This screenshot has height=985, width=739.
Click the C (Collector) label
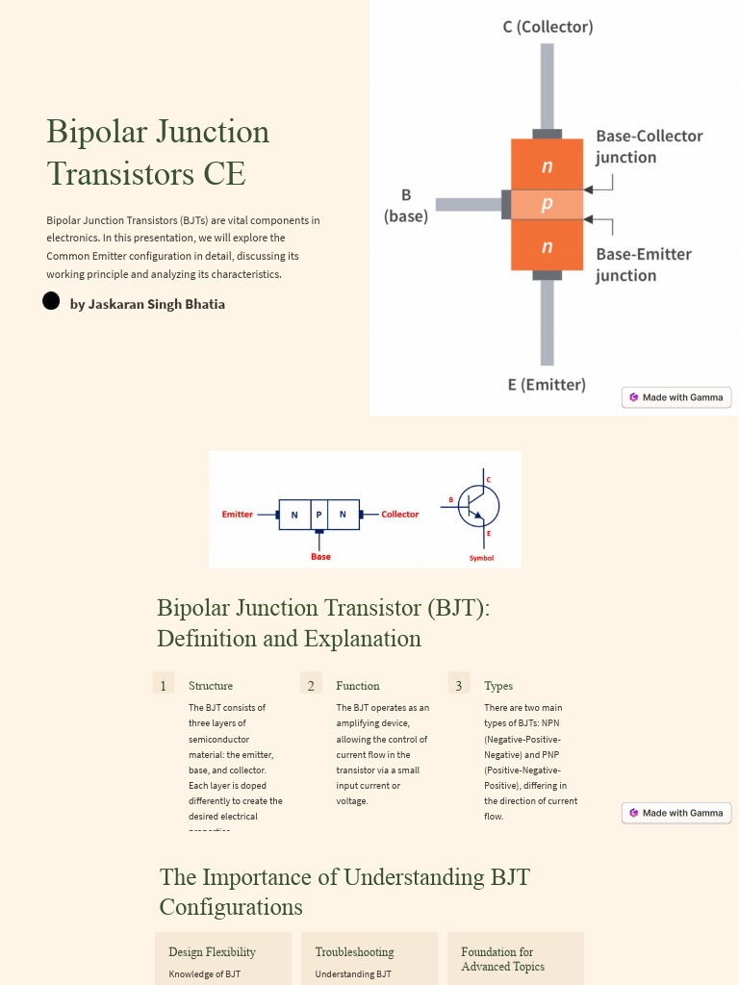point(548,27)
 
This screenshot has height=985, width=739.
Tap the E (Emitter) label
point(547,385)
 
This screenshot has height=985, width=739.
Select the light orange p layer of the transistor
point(547,204)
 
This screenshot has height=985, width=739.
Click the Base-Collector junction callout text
point(649,146)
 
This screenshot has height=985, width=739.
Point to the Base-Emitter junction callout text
point(643,265)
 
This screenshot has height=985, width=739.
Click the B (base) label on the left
point(406,206)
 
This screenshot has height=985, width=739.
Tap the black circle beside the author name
point(52,301)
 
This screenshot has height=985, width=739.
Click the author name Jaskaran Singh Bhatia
point(147,304)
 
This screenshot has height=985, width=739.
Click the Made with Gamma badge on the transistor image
point(676,397)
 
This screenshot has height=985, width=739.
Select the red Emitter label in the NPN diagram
point(238,515)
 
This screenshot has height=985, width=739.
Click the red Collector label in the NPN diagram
point(399,515)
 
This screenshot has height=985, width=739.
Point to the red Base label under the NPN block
point(320,557)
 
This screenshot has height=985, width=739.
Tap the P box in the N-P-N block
point(319,515)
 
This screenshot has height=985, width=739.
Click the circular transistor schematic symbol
point(477,505)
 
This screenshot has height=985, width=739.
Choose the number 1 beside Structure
point(164,686)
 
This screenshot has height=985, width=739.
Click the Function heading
point(358,686)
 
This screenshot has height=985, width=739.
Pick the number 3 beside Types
point(459,686)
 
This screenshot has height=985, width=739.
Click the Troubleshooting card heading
point(354,952)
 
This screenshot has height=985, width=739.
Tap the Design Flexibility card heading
point(212,952)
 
